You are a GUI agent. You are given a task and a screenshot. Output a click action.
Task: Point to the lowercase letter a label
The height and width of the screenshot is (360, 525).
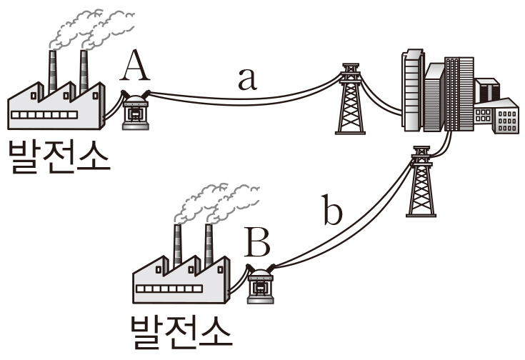point(246,78)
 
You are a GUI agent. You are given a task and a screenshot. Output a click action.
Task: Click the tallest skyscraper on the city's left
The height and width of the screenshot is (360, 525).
point(411,89)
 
